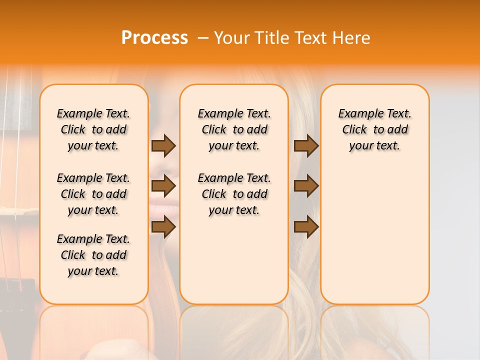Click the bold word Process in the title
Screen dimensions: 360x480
[x=154, y=38]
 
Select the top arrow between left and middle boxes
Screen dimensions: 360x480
[x=163, y=145]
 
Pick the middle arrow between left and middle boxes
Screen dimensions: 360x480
[x=163, y=186]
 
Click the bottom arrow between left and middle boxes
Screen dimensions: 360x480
[x=163, y=227]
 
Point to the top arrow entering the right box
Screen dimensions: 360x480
[x=306, y=145]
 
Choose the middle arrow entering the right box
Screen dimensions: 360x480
[x=306, y=186]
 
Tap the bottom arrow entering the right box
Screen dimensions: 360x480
[x=306, y=227]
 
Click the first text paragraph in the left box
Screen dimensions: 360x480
[x=93, y=129]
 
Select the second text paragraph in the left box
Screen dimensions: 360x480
[x=93, y=194]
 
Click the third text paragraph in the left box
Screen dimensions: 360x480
[x=93, y=255]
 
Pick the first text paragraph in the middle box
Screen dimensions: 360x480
[x=234, y=129]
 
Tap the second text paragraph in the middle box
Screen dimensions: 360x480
[x=234, y=194]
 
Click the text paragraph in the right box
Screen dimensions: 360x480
[x=375, y=129]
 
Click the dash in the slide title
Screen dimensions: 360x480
[x=203, y=38]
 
